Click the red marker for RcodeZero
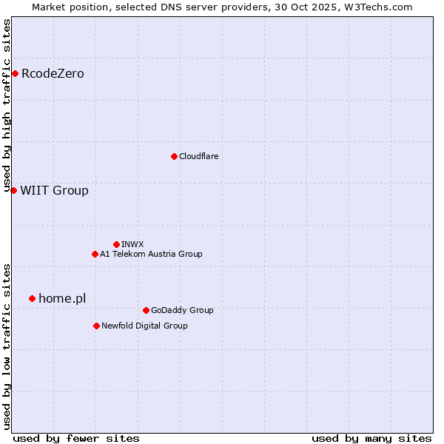(x=15, y=73)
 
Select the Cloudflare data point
(x=174, y=156)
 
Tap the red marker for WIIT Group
(x=13, y=190)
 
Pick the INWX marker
(x=116, y=244)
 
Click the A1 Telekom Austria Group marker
(x=95, y=254)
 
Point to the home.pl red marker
(x=32, y=298)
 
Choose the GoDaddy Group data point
(x=146, y=310)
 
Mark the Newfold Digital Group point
(x=96, y=326)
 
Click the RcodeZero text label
(x=53, y=73)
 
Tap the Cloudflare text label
(x=198, y=156)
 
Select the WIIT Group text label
(x=54, y=190)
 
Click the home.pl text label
(x=62, y=298)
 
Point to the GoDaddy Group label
(x=182, y=310)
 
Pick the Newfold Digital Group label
(x=144, y=326)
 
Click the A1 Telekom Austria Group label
(x=151, y=254)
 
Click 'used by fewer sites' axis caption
(x=76, y=438)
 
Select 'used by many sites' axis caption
(x=371, y=438)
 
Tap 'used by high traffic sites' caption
(x=7, y=106)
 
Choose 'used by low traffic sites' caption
(x=7, y=346)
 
